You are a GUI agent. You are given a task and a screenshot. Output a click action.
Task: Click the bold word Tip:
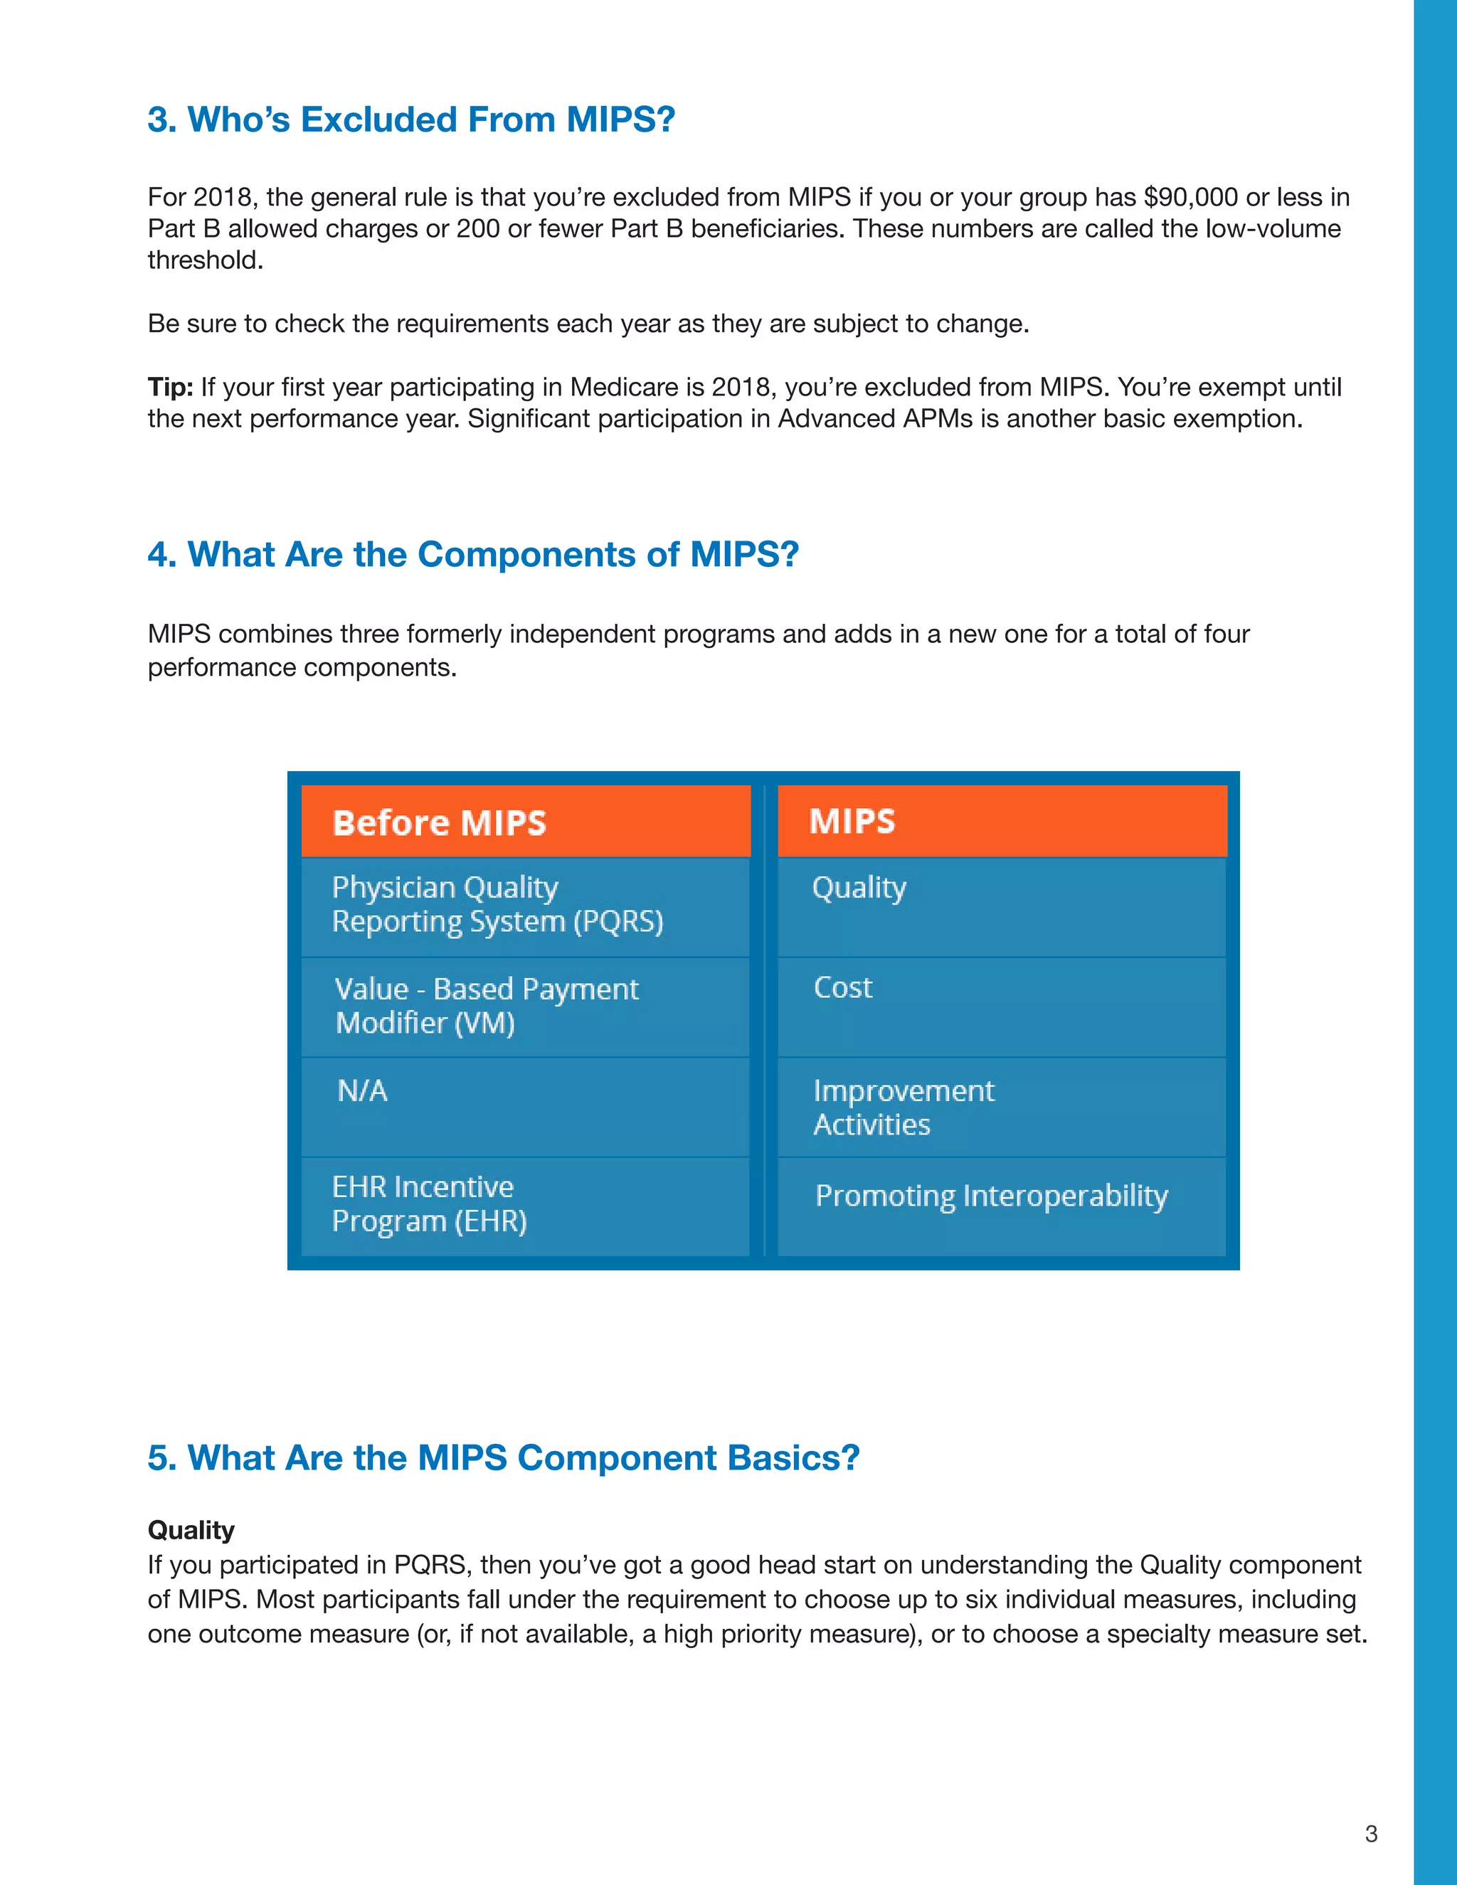(x=170, y=387)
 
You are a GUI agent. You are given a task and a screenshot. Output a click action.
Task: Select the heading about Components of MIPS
(x=473, y=554)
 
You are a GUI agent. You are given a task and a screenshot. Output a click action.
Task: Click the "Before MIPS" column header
(x=526, y=822)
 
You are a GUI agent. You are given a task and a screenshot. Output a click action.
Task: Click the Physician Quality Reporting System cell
(x=526, y=906)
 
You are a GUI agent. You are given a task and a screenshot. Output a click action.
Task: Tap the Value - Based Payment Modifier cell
(x=526, y=1006)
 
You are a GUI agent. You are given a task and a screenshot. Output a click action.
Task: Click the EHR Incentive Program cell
(x=526, y=1205)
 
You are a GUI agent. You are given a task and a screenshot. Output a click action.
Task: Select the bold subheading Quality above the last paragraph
(x=191, y=1530)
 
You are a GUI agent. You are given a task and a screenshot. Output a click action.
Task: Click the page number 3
(x=1371, y=1834)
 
